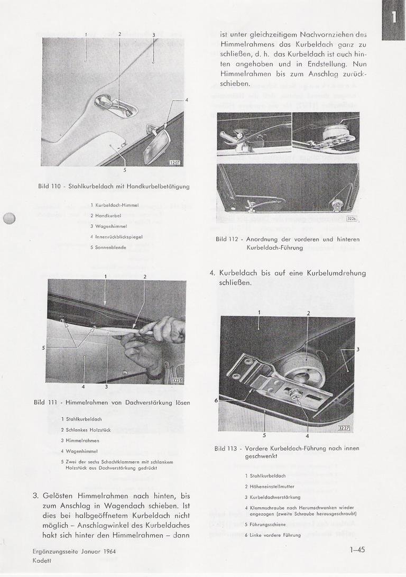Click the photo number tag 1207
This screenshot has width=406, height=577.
pyautogui.click(x=175, y=162)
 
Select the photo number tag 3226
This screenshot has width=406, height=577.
pyautogui.click(x=352, y=218)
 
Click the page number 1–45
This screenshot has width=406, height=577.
pyautogui.click(x=357, y=550)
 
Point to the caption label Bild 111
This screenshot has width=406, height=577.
pyautogui.click(x=45, y=402)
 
